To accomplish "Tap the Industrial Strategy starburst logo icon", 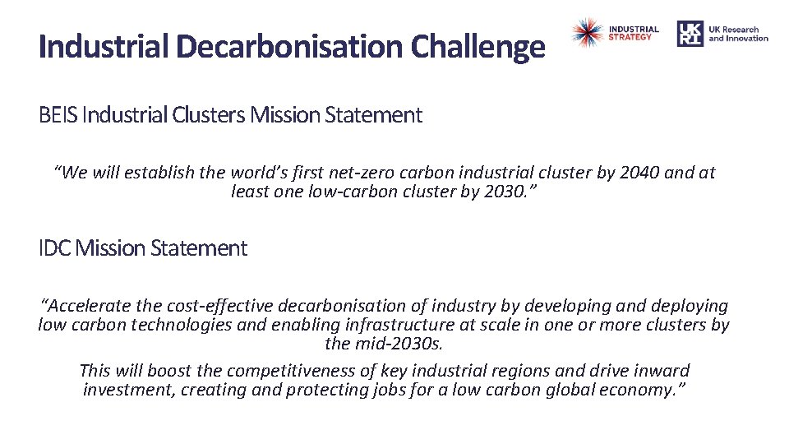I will [587, 33].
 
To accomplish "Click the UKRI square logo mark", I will [690, 34].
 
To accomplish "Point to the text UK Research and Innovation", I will [738, 34].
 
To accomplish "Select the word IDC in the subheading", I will [55, 248].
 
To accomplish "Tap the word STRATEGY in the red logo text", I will [630, 37].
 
